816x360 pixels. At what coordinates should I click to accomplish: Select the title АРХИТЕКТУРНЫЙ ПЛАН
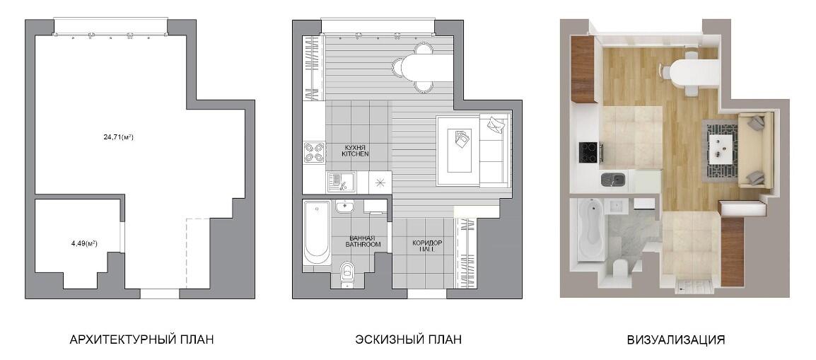[141, 339]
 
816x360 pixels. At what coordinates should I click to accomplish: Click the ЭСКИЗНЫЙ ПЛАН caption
[409, 339]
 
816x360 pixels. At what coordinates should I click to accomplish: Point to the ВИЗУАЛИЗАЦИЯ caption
[676, 340]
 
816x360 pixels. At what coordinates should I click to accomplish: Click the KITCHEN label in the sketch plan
[355, 154]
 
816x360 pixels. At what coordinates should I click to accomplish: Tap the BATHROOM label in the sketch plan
[362, 244]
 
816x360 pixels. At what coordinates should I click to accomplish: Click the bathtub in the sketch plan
[316, 233]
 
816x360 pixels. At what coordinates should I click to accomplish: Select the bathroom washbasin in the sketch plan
[344, 207]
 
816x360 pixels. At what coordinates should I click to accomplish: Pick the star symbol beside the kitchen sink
[379, 182]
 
